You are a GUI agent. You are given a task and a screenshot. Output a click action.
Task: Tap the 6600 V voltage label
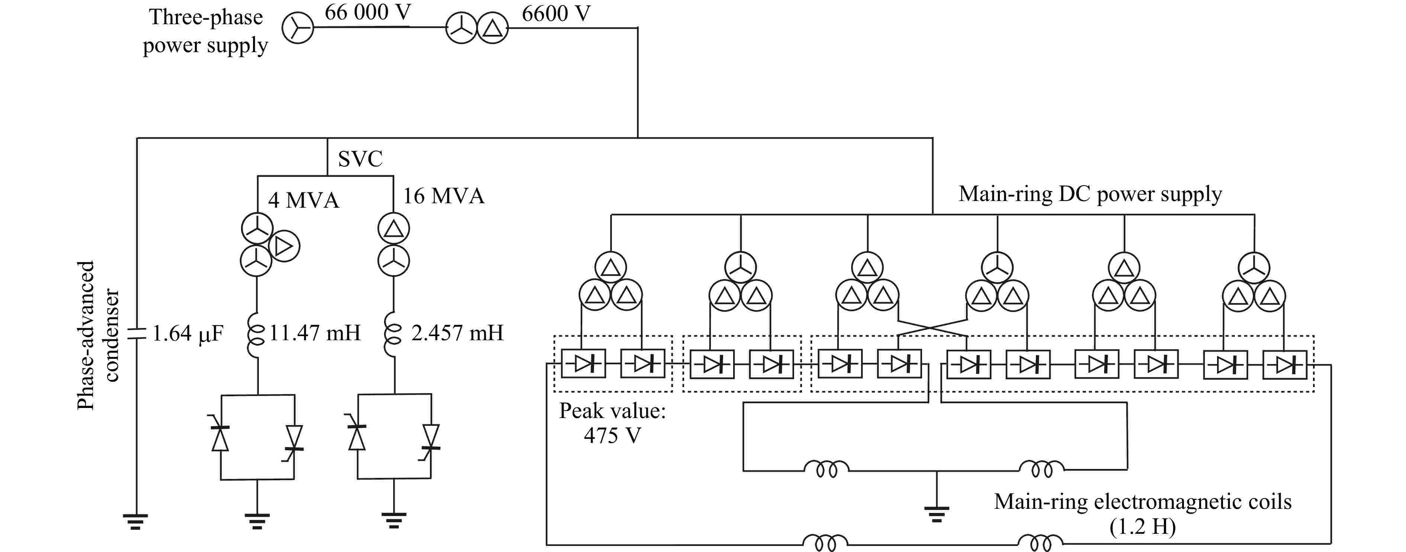click(556, 14)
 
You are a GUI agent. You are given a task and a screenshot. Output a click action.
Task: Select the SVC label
click(360, 159)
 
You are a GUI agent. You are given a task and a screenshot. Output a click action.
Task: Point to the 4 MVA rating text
click(304, 200)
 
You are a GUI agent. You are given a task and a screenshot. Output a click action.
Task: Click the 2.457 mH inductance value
click(457, 332)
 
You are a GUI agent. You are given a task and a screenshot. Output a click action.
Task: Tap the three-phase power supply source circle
click(298, 28)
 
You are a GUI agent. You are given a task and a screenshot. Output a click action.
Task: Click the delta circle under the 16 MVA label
click(394, 229)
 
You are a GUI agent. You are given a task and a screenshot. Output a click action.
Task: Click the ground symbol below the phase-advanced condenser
click(136, 521)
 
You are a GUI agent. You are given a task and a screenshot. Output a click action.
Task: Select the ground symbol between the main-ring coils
click(937, 515)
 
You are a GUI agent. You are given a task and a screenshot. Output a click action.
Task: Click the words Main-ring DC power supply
click(1090, 194)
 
